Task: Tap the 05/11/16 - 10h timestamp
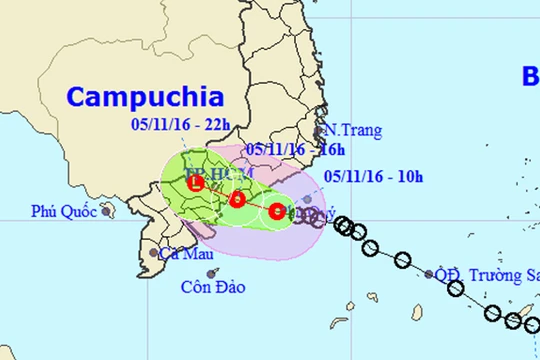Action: [374, 178]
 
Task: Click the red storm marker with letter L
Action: [197, 183]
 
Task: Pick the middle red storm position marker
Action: [237, 199]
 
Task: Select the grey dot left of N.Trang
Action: [319, 130]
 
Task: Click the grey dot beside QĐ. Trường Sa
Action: [429, 273]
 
